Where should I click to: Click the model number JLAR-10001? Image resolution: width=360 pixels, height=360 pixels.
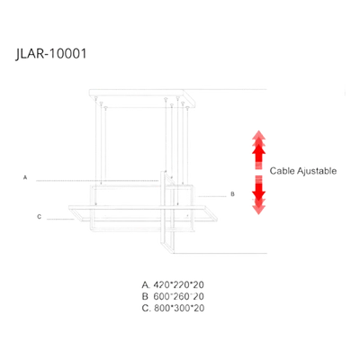point(51,54)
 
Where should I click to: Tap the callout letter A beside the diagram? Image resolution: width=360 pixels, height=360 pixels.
point(25,177)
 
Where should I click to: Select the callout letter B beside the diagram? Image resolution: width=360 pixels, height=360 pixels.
point(232,194)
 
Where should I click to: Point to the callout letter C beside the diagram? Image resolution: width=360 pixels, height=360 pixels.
point(39,217)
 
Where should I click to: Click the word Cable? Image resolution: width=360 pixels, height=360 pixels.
point(283,171)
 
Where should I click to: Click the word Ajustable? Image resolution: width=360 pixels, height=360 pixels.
point(317,171)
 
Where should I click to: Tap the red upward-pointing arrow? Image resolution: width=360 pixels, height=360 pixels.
point(258,149)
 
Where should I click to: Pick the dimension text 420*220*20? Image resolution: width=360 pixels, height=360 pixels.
point(178,284)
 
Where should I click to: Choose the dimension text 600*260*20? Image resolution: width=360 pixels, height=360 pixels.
point(178,296)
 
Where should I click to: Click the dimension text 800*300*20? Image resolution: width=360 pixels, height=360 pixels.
point(179,308)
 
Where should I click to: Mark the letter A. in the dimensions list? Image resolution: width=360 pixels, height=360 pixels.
point(146,284)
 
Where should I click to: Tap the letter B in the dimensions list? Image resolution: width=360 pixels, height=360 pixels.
point(145,296)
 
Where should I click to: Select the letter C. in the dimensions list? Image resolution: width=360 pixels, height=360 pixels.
point(146,308)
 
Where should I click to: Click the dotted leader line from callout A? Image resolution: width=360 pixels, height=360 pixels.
point(97,181)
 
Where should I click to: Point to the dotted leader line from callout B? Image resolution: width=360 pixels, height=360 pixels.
point(211,197)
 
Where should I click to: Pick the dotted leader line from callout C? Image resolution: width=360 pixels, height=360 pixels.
point(60,220)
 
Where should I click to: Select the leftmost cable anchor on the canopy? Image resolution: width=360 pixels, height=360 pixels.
point(95,97)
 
